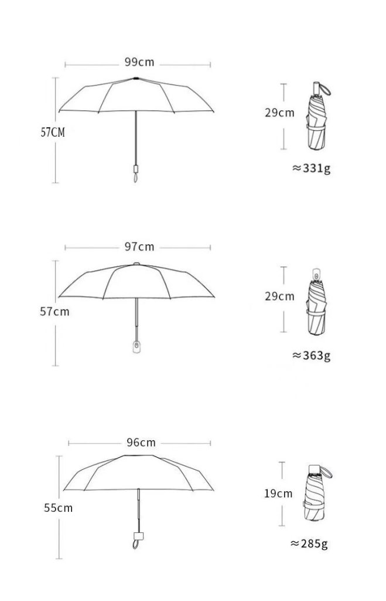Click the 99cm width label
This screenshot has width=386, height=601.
(x=139, y=62)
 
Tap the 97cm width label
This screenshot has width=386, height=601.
(x=139, y=247)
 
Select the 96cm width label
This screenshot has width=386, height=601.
(x=141, y=443)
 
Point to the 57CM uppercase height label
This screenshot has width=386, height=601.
(x=53, y=132)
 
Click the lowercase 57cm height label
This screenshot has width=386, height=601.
(x=54, y=311)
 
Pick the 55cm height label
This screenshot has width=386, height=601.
(x=58, y=508)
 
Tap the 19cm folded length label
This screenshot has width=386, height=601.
(x=278, y=493)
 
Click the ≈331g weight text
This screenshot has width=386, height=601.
(x=312, y=168)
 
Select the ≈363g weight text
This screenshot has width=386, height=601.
(x=312, y=356)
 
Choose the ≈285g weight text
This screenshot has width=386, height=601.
(x=309, y=543)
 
